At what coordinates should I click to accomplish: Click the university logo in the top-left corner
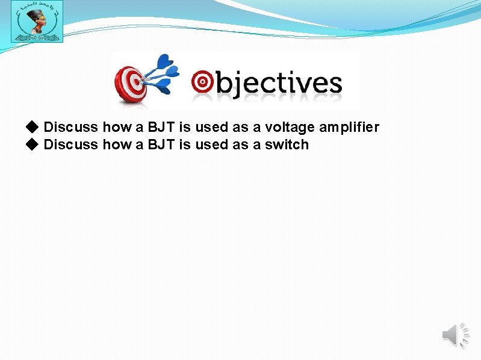[x=37, y=22]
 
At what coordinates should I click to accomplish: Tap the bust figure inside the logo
[x=36, y=23]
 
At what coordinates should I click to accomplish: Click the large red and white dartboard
[x=131, y=84]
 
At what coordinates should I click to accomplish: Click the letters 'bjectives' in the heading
[x=278, y=84]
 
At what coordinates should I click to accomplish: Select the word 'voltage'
[x=293, y=128]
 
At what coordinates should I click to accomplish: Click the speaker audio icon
[x=456, y=335]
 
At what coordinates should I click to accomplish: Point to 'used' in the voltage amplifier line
[x=211, y=127]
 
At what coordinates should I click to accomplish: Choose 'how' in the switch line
[x=116, y=144]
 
